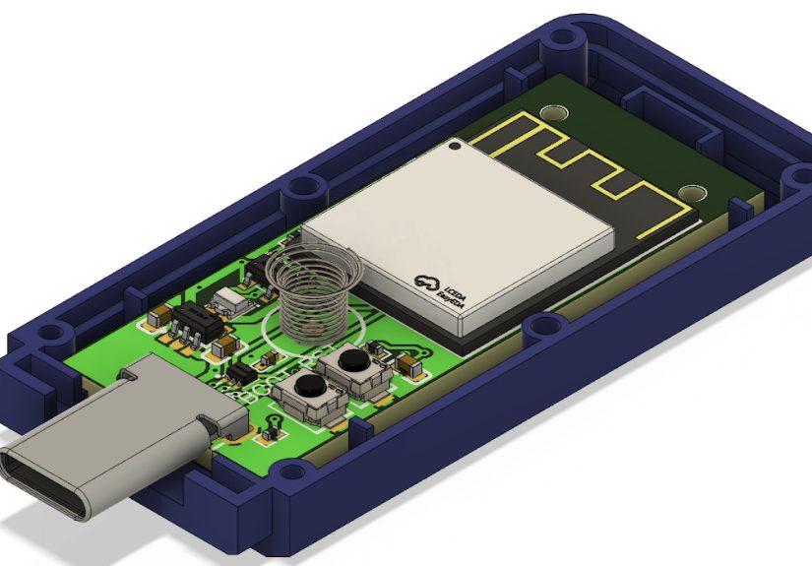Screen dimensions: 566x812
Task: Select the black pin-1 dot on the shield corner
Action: pyautogui.click(x=454, y=148)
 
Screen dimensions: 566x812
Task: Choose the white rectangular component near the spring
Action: pyautogui.click(x=231, y=299)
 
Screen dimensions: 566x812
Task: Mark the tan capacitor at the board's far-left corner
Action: pyautogui.click(x=157, y=318)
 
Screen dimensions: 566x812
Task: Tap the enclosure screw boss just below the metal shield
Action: pyautogui.click(x=538, y=326)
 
